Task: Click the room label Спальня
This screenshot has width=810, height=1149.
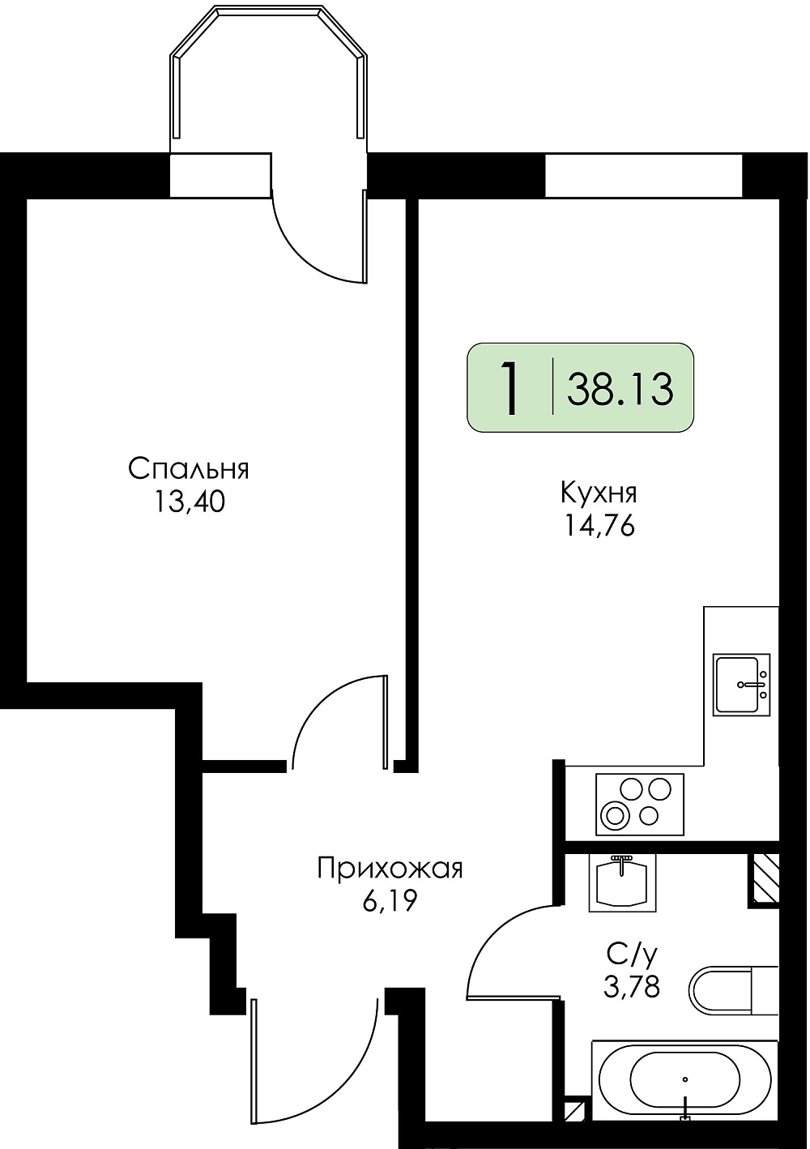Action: [x=188, y=470]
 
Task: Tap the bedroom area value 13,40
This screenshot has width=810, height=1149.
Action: [x=188, y=504]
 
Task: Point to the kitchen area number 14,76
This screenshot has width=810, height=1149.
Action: [x=599, y=526]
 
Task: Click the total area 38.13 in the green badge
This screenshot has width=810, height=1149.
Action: [x=620, y=389]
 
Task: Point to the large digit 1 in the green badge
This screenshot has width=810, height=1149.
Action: [x=509, y=387]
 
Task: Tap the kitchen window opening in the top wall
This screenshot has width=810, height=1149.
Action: [x=643, y=175]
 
